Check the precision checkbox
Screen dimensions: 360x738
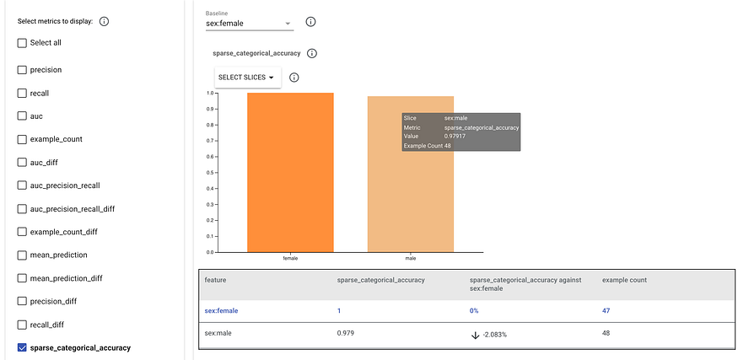[x=22, y=70]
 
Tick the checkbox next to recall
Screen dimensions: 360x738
[x=22, y=93]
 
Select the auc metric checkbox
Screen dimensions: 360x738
[x=22, y=116]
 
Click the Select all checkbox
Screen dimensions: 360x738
[x=22, y=42]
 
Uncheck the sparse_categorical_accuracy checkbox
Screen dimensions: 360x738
[x=22, y=347]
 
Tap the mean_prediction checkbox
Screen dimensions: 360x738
[x=22, y=255]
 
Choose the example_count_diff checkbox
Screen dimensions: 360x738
[x=22, y=231]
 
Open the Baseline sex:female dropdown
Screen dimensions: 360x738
[x=250, y=24]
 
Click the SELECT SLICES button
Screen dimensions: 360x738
[x=246, y=78]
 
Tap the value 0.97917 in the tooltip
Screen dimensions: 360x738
[x=455, y=136]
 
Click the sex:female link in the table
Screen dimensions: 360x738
[x=221, y=310]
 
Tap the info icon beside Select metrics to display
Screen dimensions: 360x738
[x=105, y=21]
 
